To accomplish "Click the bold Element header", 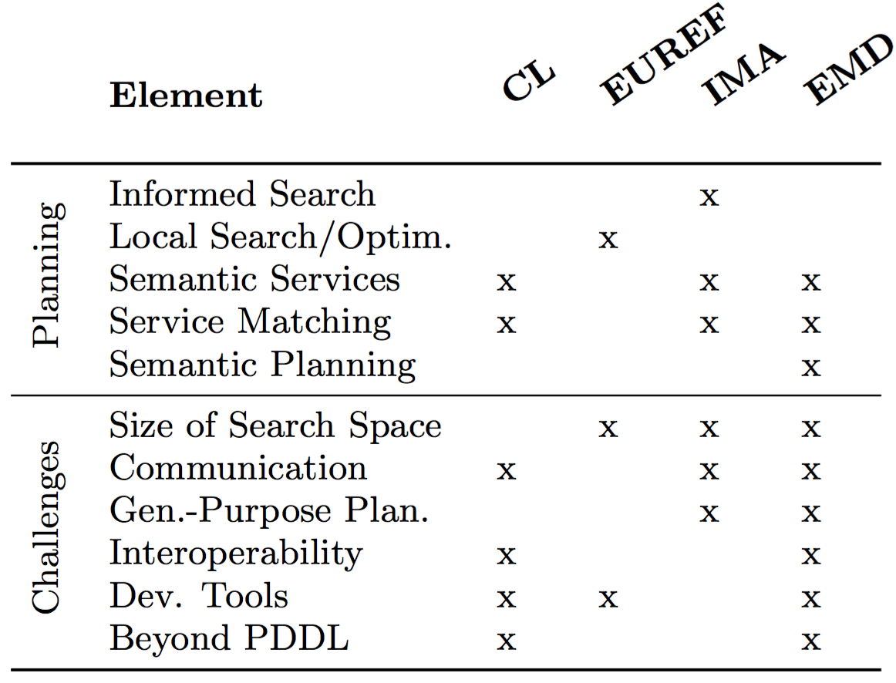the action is [x=186, y=95].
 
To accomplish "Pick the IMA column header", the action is [x=743, y=74].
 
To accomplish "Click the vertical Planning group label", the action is [x=48, y=274].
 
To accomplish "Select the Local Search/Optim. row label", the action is [x=281, y=237].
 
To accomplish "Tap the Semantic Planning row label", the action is [x=262, y=365].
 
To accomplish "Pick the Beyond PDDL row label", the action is [x=228, y=638].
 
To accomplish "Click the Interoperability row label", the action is [x=236, y=553].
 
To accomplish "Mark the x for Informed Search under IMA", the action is [x=709, y=197].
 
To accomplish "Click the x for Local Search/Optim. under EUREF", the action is [x=608, y=240].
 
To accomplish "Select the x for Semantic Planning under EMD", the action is [x=811, y=367].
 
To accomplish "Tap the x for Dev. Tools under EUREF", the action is [x=608, y=598].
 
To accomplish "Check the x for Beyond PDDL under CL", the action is [x=507, y=641].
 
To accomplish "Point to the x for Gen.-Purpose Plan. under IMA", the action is [x=709, y=513].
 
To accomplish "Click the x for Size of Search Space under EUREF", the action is [x=608, y=429].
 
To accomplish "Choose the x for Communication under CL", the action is [x=507, y=471].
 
